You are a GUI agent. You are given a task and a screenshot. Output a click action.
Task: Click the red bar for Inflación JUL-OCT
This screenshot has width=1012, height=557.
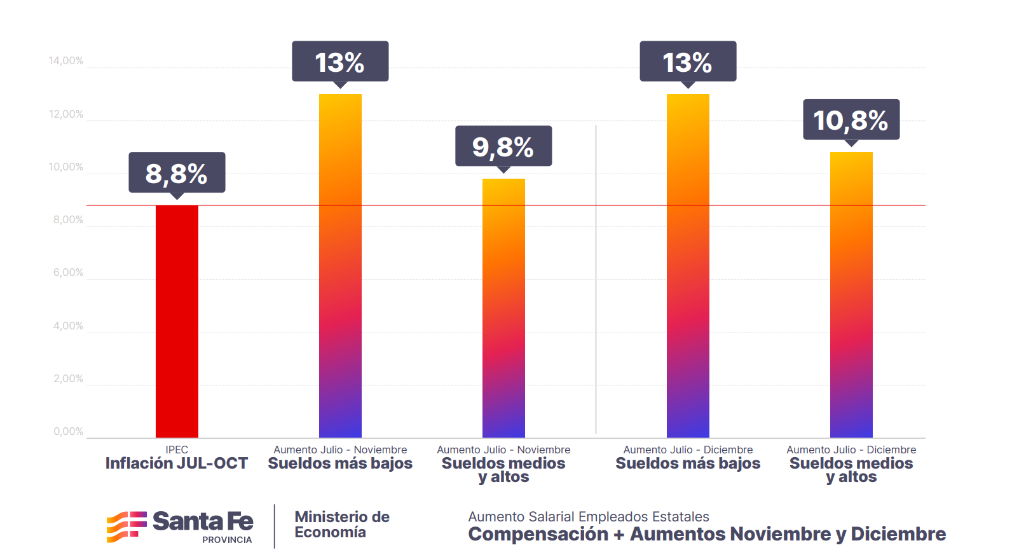click(x=177, y=321)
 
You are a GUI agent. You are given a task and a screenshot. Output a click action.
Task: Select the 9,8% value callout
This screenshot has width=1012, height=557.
click(x=503, y=146)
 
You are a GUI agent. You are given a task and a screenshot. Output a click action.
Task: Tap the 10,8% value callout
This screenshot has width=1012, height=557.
click(x=851, y=120)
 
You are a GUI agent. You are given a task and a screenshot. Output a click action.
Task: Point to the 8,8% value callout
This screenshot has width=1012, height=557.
click(x=177, y=173)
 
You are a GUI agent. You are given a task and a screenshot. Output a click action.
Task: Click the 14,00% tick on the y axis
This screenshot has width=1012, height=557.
click(x=66, y=61)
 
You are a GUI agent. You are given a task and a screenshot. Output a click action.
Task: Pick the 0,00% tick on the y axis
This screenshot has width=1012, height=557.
click(x=68, y=432)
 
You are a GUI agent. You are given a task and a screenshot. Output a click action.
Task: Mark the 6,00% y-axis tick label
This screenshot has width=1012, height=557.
click(x=68, y=273)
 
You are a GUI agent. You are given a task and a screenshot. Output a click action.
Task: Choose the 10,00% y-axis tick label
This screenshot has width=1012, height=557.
click(x=66, y=167)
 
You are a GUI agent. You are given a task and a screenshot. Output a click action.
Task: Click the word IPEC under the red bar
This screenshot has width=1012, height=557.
click(x=177, y=450)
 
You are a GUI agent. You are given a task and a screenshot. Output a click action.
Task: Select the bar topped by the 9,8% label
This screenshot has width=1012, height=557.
click(x=503, y=308)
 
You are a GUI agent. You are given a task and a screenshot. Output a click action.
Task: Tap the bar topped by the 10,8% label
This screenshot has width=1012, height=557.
click(x=851, y=295)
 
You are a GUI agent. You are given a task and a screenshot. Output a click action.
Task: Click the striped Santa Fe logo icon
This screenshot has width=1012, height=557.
click(x=126, y=526)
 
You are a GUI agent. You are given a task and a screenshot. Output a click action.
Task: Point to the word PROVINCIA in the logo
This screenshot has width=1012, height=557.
click(x=227, y=540)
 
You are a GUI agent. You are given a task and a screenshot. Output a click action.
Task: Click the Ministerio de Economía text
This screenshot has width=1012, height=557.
click(x=342, y=525)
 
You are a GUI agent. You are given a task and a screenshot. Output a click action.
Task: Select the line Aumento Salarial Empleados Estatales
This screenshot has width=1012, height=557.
click(x=589, y=517)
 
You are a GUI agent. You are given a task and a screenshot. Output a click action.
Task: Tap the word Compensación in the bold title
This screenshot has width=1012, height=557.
click(x=538, y=534)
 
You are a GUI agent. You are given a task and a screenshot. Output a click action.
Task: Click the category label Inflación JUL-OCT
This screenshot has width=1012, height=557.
click(x=177, y=464)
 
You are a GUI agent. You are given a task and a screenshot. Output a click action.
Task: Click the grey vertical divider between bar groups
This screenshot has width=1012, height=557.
click(x=596, y=280)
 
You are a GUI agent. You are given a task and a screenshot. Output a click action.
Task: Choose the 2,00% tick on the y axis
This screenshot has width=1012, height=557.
click(x=68, y=379)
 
